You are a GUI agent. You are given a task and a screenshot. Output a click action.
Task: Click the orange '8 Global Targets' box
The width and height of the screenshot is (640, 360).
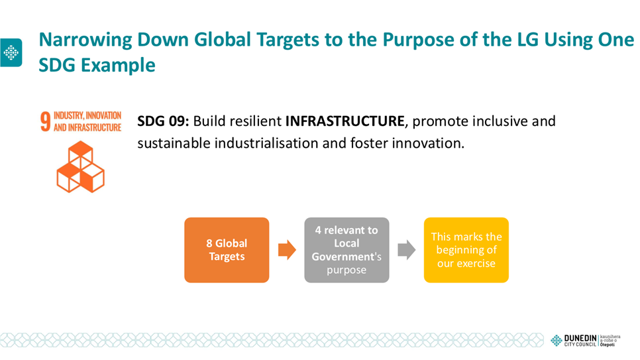[x=227, y=250]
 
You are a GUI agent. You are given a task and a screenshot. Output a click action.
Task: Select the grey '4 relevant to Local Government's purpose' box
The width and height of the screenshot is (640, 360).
[x=347, y=250]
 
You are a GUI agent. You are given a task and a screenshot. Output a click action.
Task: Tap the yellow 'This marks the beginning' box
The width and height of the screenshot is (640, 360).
[x=466, y=250]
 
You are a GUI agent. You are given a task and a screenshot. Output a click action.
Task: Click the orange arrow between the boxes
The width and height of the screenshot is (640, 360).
[x=287, y=250]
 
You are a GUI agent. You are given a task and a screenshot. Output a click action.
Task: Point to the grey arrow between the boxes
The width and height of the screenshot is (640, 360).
[x=407, y=250]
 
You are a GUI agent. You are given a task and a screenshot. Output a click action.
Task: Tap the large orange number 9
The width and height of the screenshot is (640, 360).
[x=45, y=121]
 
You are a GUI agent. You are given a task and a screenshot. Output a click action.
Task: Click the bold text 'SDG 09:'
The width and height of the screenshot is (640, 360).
[x=163, y=121]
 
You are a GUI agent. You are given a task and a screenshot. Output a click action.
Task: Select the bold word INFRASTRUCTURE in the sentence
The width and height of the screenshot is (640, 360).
[x=345, y=121]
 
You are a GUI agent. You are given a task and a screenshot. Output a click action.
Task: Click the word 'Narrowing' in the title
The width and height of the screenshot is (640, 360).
[x=85, y=40]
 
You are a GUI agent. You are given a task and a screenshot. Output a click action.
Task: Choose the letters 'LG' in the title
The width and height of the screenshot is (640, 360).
[x=528, y=40]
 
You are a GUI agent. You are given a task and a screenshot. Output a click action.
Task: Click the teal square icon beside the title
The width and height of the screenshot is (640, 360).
[x=11, y=52]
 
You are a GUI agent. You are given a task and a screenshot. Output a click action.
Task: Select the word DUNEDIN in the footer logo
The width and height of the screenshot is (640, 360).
[x=580, y=338]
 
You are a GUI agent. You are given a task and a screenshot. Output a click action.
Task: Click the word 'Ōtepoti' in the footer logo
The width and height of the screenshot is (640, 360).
[x=608, y=345]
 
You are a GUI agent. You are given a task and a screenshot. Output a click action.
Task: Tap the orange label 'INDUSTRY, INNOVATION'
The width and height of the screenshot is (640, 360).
[x=87, y=115]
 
